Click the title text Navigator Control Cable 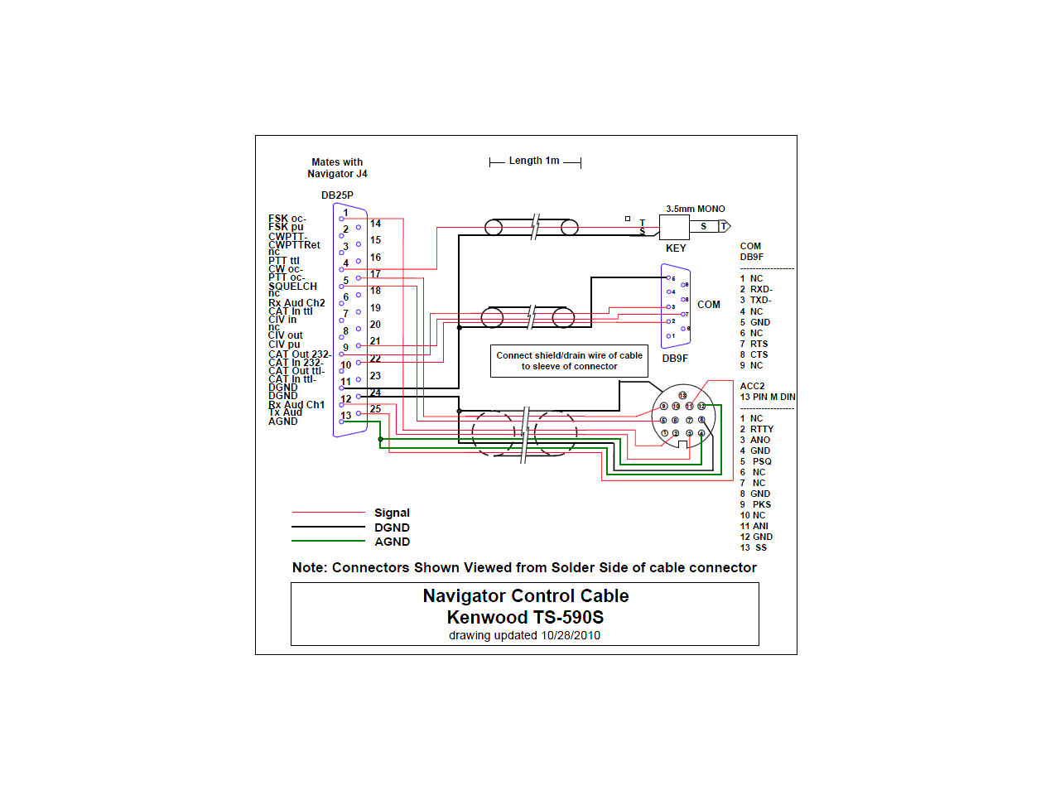(x=525, y=596)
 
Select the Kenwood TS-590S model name (x=525, y=618)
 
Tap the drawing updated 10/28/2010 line (x=524, y=636)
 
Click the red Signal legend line (x=328, y=513)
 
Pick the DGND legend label (x=392, y=528)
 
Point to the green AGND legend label (x=392, y=542)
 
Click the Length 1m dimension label (x=534, y=161)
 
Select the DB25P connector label (x=337, y=195)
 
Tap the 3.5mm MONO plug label (x=695, y=209)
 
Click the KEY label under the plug (x=676, y=248)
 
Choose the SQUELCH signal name (x=292, y=286)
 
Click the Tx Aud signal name (x=285, y=412)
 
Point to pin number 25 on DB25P (x=375, y=409)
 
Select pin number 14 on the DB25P (x=375, y=224)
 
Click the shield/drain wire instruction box (x=569, y=361)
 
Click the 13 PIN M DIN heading (x=768, y=397)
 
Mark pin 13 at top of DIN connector (x=682, y=395)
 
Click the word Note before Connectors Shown (x=308, y=568)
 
